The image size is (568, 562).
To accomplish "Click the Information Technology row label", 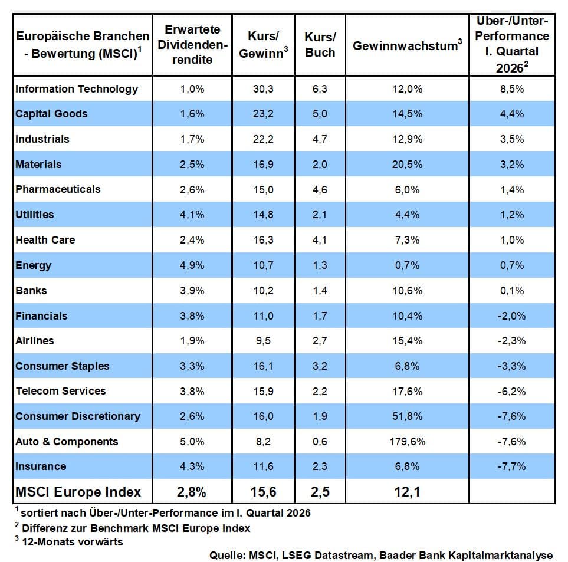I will coord(77,89).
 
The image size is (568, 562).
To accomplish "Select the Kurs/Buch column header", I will coord(320,45).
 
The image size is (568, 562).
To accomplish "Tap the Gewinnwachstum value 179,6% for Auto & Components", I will coord(407,442).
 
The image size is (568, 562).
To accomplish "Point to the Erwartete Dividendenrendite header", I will coord(192,45).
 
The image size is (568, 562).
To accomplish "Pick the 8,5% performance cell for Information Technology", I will coord(511,89).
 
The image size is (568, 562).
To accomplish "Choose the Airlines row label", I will coord(35,341).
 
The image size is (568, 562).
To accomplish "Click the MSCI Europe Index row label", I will coord(78,492).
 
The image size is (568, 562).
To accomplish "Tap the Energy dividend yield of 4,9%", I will coord(192,265).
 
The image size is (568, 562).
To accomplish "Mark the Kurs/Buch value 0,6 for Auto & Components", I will coord(320,442).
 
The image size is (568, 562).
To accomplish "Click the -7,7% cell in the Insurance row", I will coord(511,466).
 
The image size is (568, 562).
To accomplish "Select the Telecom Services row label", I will coord(61,391).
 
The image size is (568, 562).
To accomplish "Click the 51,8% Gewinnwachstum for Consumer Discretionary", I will coord(407,416).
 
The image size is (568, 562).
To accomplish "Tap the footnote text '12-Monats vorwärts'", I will coord(73,541).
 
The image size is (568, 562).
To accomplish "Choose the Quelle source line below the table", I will coord(381,555).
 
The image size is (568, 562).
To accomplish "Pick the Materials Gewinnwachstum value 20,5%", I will coord(407,165).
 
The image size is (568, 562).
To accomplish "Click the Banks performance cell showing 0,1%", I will coord(511,291).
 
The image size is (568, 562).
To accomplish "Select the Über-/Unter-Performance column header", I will coord(511,45).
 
